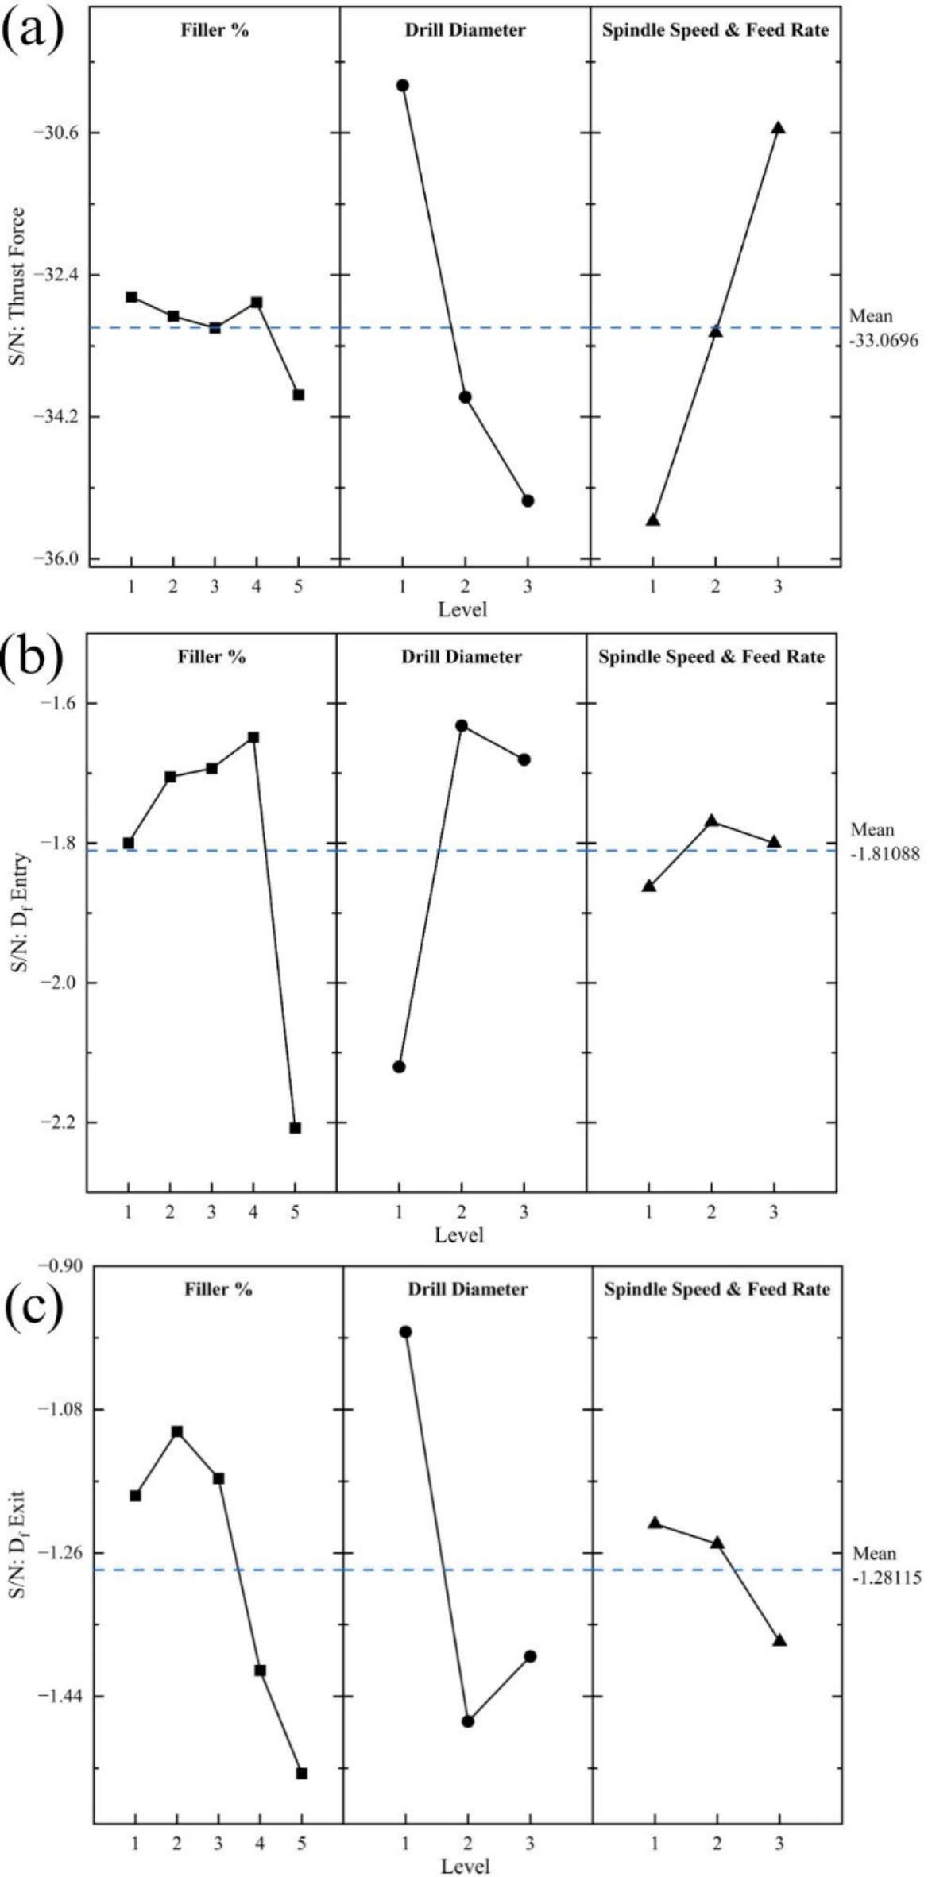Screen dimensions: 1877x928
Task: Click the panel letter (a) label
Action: point(34,29)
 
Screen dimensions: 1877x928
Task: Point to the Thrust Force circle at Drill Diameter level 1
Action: point(403,85)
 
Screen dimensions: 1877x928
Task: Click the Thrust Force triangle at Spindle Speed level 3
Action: point(779,128)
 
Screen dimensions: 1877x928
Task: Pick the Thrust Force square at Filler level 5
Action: point(299,395)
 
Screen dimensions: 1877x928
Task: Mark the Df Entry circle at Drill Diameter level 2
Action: point(462,725)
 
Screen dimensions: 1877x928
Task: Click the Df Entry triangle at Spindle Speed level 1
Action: point(649,886)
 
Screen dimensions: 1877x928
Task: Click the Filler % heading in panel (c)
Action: point(218,1289)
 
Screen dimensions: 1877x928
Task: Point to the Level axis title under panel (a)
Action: point(462,609)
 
